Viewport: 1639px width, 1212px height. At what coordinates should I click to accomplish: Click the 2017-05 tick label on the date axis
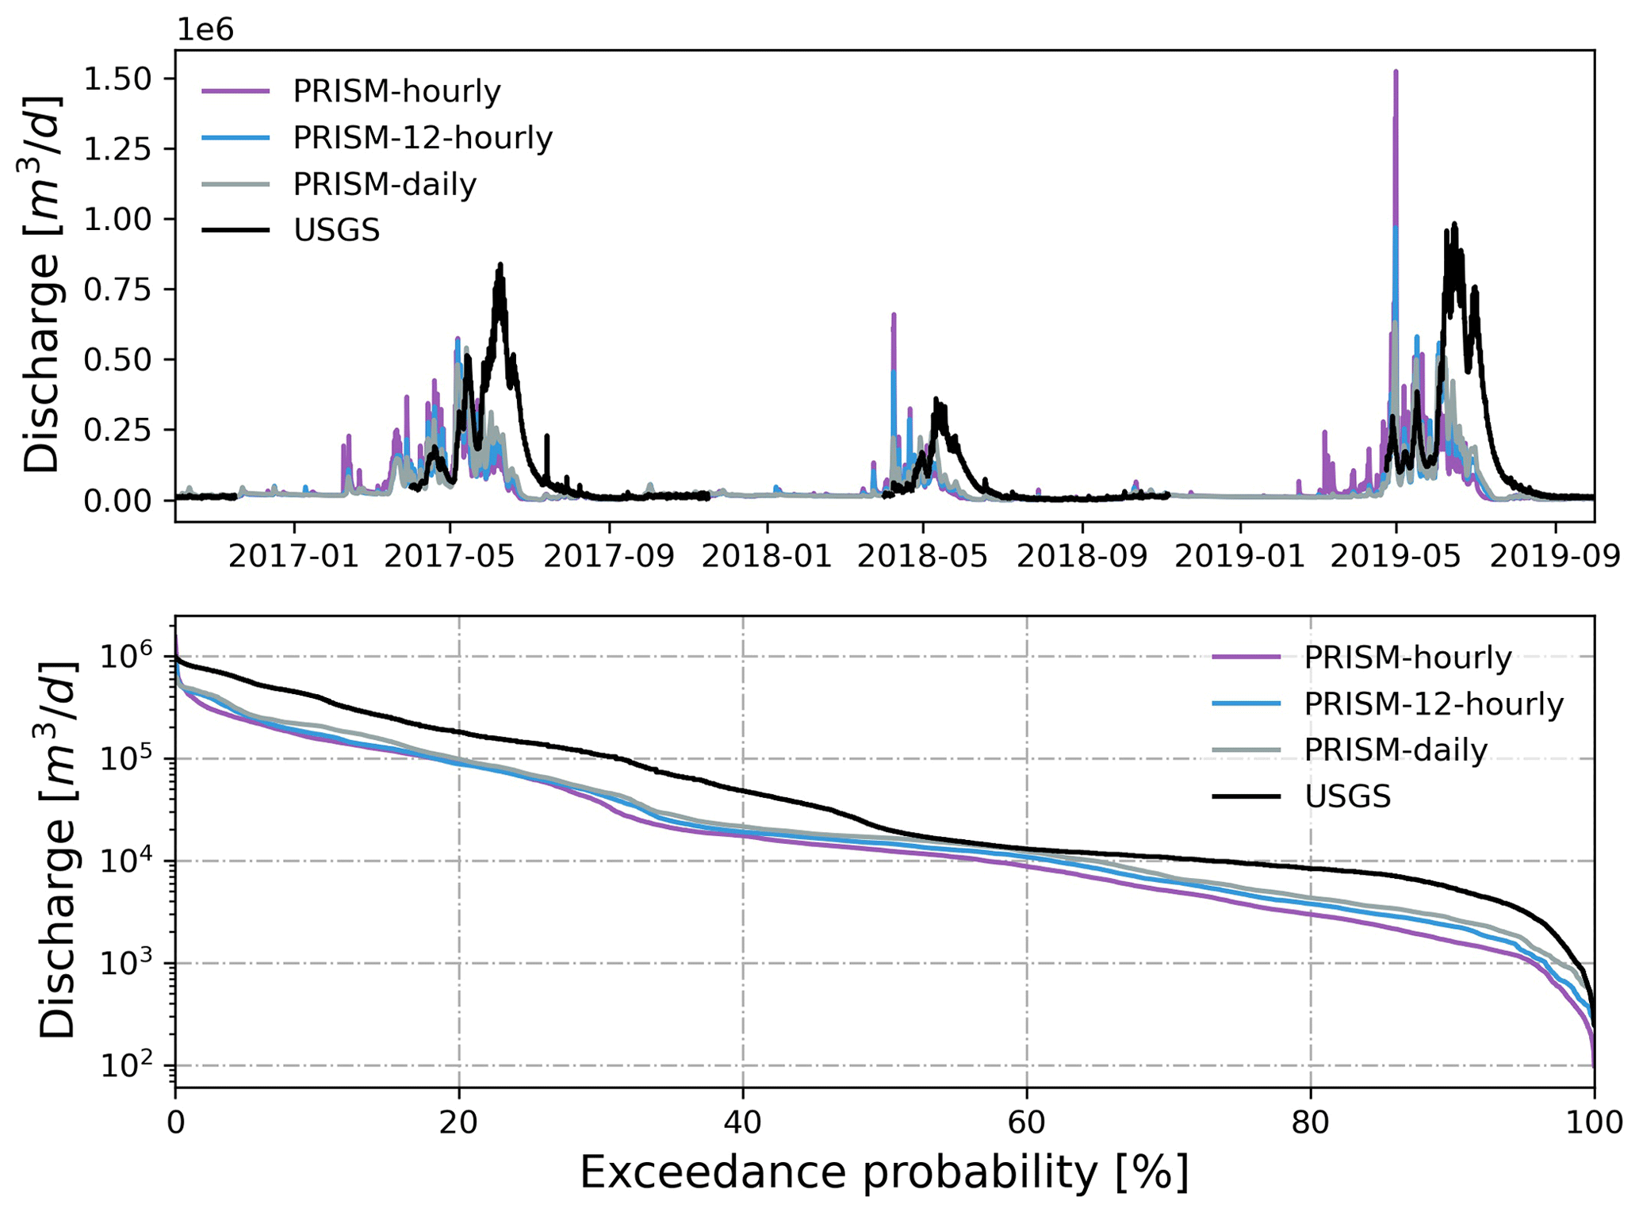pyautogui.click(x=450, y=557)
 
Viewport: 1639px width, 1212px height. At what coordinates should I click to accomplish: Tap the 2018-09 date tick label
pyautogui.click(x=1082, y=557)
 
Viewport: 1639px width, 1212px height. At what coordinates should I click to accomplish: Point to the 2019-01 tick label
pyautogui.click(x=1239, y=557)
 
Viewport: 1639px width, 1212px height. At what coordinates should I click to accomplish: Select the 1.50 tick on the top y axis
pyautogui.click(x=119, y=79)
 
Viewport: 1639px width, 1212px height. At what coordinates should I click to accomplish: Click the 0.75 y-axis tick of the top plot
pyautogui.click(x=119, y=290)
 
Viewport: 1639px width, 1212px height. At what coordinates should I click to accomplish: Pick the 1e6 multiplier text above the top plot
pyautogui.click(x=205, y=30)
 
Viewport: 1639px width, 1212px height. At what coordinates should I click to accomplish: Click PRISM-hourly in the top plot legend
pyautogui.click(x=396, y=91)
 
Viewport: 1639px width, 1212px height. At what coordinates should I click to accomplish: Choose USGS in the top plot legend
pyautogui.click(x=336, y=230)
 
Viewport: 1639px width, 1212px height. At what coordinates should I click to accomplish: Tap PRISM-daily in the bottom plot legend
pyautogui.click(x=1396, y=750)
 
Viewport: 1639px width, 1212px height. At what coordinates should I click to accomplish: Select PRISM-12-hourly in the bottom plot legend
pyautogui.click(x=1434, y=704)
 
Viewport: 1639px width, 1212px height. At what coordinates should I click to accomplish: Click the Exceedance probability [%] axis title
pyautogui.click(x=884, y=1172)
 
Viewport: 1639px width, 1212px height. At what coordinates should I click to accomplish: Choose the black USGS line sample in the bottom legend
pyautogui.click(x=1246, y=796)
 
